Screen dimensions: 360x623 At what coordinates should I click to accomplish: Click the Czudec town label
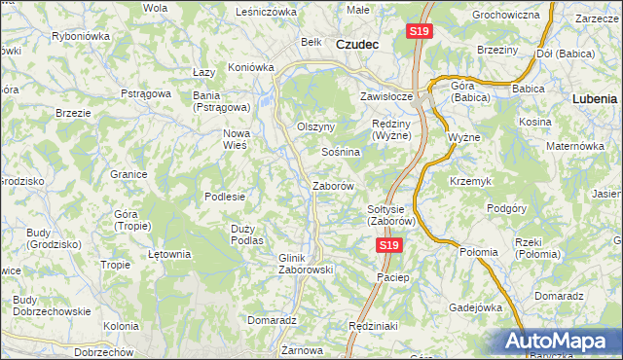point(357,44)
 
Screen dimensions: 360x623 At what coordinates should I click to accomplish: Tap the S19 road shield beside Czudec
point(419,32)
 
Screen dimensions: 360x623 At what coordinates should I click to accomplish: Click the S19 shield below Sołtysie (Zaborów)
point(388,246)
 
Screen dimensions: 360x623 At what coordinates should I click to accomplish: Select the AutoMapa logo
point(557,341)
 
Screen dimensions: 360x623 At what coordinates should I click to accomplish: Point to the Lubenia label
point(595,99)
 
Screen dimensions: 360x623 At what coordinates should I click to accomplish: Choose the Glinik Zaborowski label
point(306,264)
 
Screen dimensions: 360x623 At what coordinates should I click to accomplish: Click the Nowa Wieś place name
point(238,138)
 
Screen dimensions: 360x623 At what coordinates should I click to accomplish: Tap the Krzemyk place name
point(471,182)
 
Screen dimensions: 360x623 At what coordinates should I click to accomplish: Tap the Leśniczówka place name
point(266,12)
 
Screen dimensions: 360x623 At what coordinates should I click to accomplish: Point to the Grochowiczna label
point(505,16)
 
